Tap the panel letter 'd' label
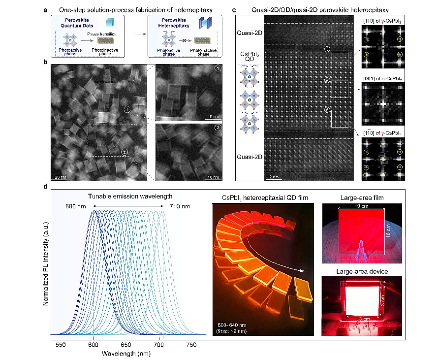click(45, 187)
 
